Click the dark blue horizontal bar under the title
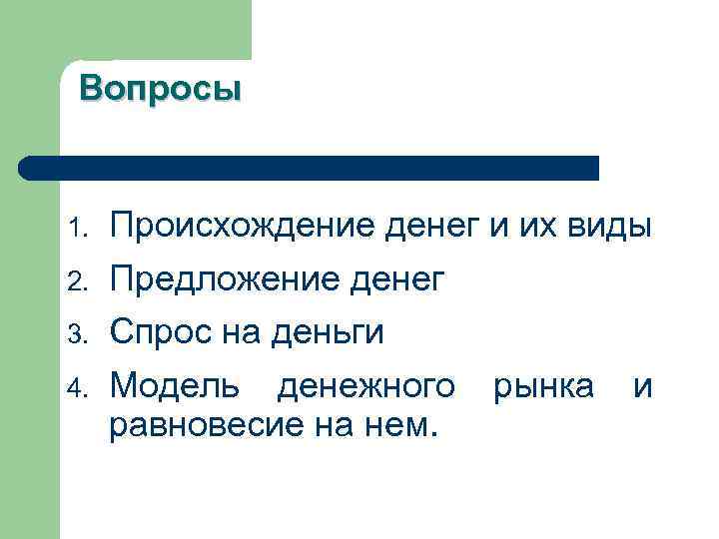click(310, 168)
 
